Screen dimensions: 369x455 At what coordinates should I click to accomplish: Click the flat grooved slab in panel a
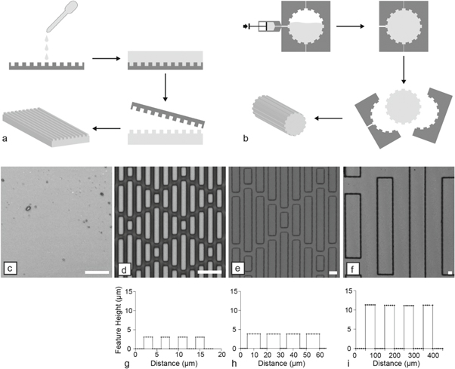coord(46,125)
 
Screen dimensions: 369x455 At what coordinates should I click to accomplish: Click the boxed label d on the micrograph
coord(124,269)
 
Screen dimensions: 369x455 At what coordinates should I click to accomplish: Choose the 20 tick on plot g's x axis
coord(221,355)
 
